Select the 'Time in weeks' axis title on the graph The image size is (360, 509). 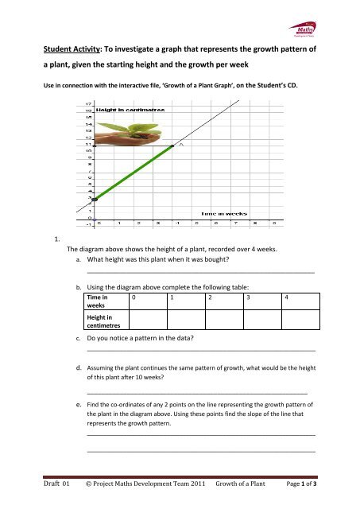point(225,214)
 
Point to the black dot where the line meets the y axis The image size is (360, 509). point(94,199)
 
